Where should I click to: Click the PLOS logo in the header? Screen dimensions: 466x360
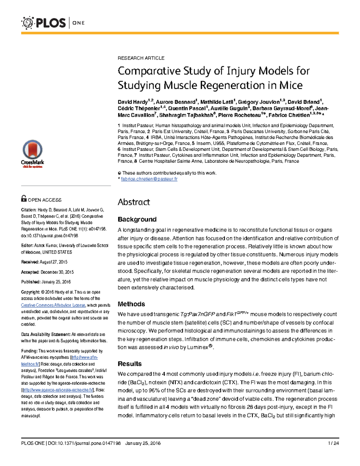coord(43,23)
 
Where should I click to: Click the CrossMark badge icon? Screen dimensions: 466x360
coord(32,153)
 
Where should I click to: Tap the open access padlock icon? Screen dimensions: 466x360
coord(24,199)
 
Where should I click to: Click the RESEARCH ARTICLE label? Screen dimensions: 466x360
coord(141,58)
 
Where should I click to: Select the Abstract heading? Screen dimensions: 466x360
coord(134,202)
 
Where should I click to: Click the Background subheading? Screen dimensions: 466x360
coord(137,219)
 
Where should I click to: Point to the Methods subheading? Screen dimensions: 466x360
coord(131,304)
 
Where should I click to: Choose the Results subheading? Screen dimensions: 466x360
coord(130,364)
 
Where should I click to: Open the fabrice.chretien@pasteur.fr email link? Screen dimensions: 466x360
coord(149,179)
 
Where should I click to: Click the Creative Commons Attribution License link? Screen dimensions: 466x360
coord(53,305)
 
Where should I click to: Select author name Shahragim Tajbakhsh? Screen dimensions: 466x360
coord(185,115)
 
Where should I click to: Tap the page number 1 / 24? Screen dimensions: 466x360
coord(334,443)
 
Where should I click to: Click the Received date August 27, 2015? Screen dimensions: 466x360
coord(53,262)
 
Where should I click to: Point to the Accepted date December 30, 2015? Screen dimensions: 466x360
coord(56,272)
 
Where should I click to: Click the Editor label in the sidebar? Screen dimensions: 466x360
coord(27,245)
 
